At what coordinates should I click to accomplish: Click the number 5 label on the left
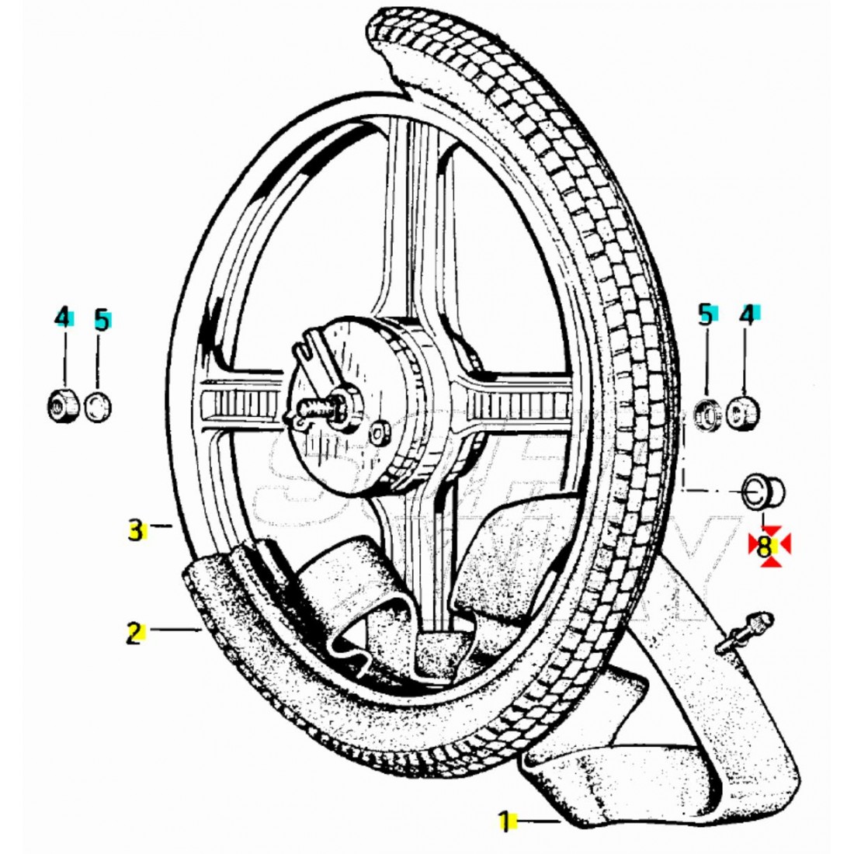pos(101,320)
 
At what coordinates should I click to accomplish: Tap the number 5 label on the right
pos(705,314)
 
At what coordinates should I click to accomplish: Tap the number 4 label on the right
pos(746,314)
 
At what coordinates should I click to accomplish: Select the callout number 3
pos(135,532)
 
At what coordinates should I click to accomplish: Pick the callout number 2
pos(134,634)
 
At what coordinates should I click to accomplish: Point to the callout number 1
pos(504,821)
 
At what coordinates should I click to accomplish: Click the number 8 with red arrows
pos(765,547)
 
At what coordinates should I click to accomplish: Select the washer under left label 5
pos(98,406)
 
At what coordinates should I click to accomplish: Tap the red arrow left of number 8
pos(752,546)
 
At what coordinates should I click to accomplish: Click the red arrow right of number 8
pos(783,546)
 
